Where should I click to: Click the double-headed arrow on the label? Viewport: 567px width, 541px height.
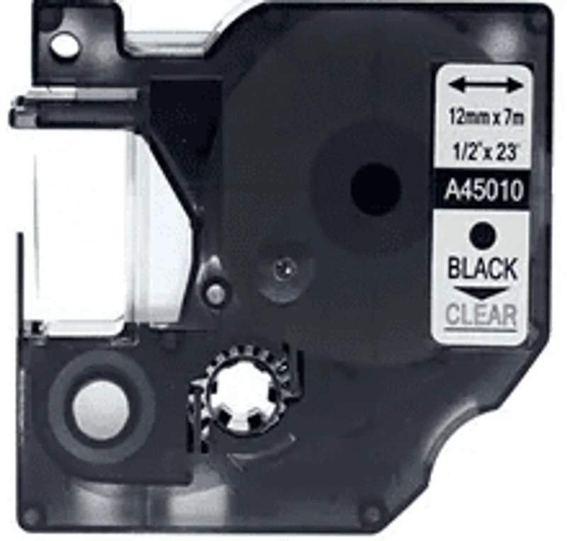click(486, 86)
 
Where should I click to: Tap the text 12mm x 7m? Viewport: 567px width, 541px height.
click(486, 118)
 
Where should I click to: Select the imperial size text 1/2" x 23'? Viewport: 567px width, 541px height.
click(484, 153)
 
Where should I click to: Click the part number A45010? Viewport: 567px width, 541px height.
click(484, 190)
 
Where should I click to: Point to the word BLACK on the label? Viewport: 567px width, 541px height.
click(483, 268)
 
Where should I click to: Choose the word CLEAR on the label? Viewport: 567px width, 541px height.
click(481, 315)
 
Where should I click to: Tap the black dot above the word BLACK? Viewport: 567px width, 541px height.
click(483, 235)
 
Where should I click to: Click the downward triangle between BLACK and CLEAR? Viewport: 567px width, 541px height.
click(481, 292)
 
